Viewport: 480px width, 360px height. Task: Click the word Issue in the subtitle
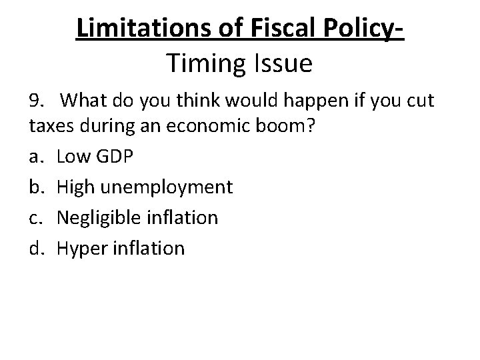[283, 64]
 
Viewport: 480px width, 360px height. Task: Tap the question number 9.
[37, 101]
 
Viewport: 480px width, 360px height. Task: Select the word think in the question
[204, 101]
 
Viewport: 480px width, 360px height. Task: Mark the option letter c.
[35, 217]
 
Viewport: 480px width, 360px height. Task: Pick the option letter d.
[35, 247]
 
